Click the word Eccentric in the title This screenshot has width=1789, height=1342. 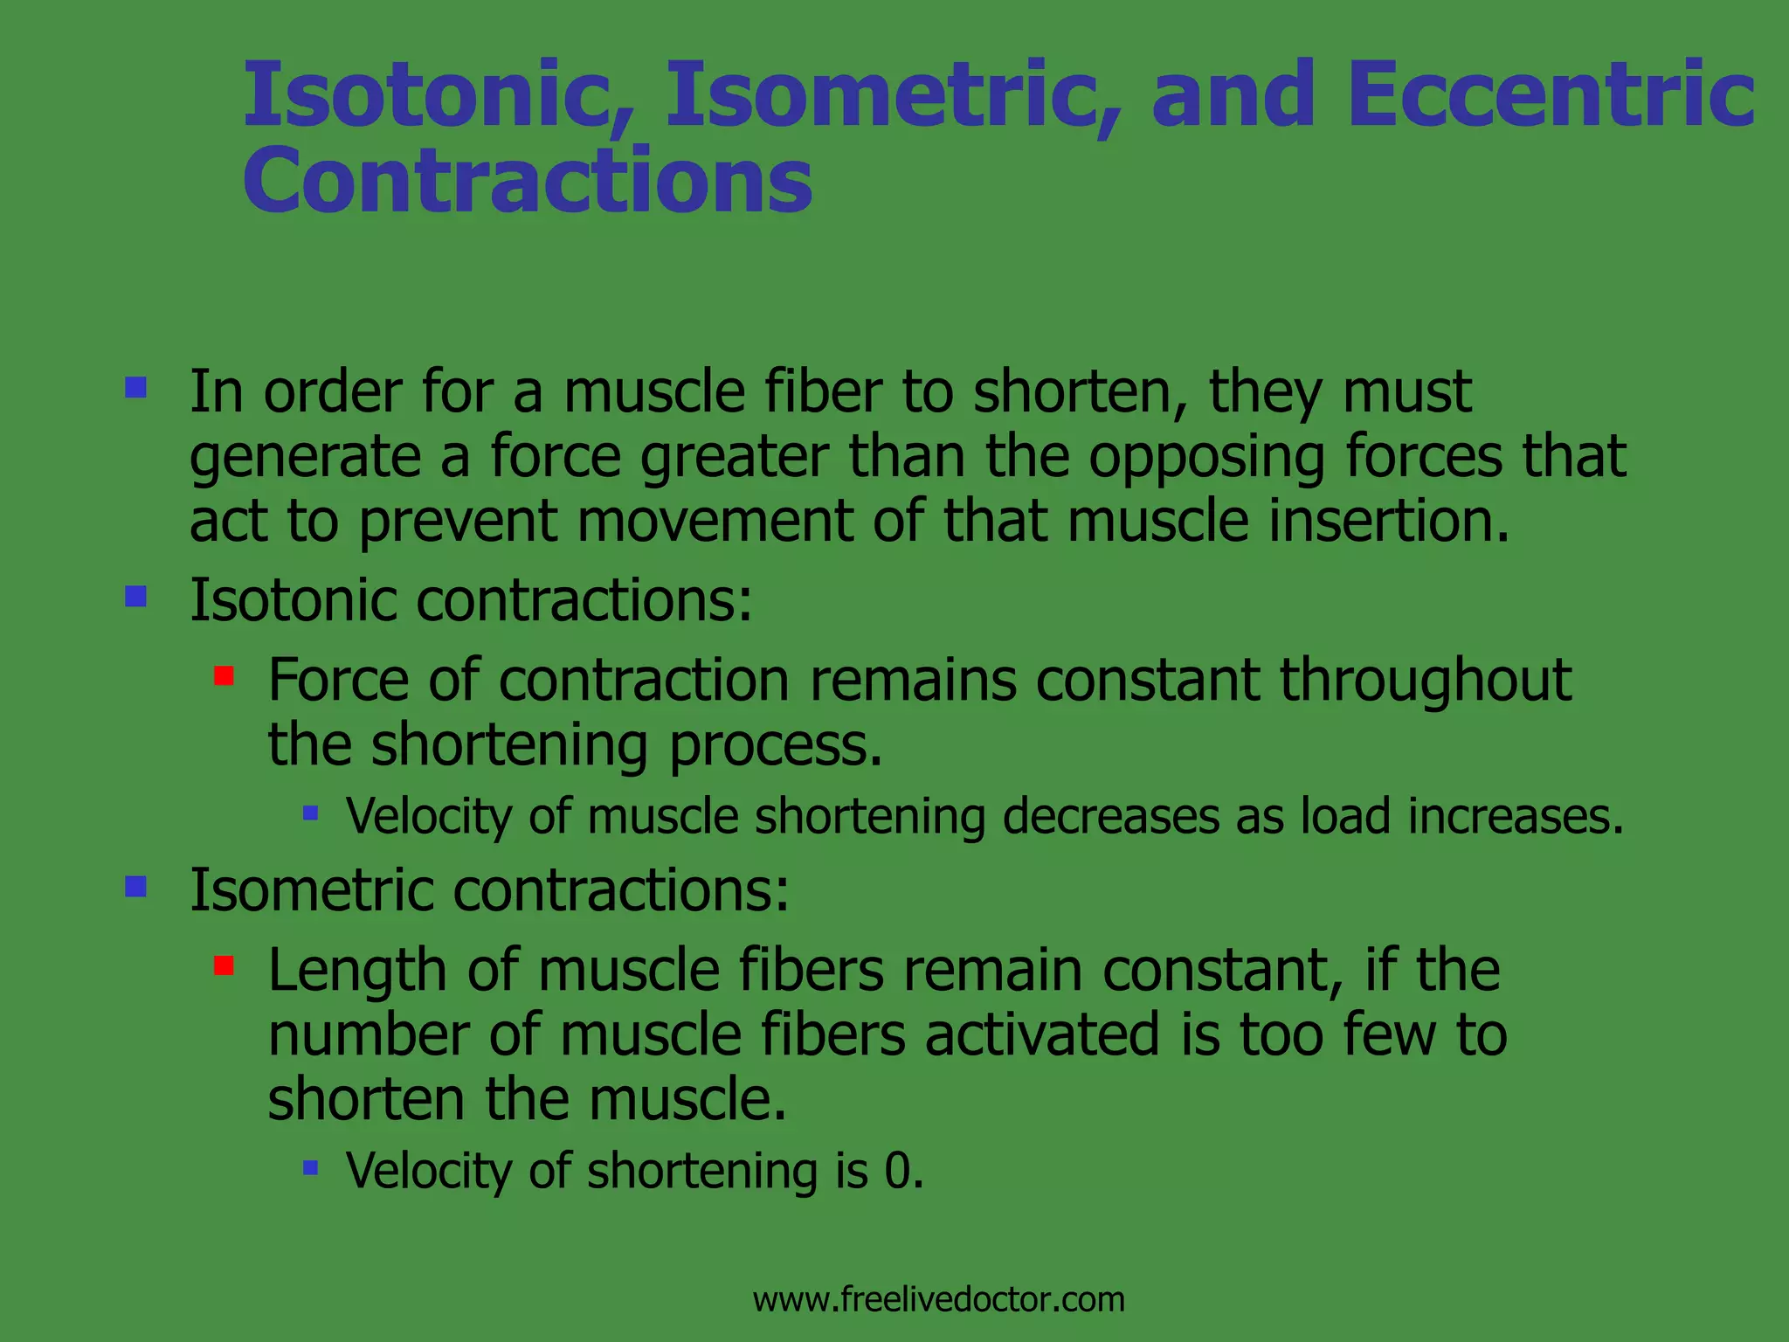[x=1550, y=94]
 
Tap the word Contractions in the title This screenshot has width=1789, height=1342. [x=528, y=181]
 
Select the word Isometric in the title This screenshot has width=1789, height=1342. [x=892, y=94]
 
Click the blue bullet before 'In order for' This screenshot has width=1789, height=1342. [x=135, y=386]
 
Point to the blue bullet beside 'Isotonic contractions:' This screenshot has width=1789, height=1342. [x=135, y=596]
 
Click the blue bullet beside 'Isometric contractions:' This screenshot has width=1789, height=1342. [x=135, y=887]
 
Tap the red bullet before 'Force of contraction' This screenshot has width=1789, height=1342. [x=224, y=675]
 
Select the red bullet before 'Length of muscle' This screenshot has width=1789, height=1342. [x=224, y=965]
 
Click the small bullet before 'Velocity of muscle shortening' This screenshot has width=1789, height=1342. [x=310, y=813]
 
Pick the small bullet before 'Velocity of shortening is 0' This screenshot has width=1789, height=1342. [x=310, y=1167]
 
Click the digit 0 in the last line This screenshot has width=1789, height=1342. [x=897, y=1171]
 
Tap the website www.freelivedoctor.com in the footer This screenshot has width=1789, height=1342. [x=939, y=1299]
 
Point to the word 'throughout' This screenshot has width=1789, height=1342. [x=1426, y=680]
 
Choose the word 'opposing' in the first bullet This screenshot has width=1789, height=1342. [x=1206, y=457]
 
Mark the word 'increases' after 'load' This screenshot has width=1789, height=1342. [x=1508, y=817]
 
